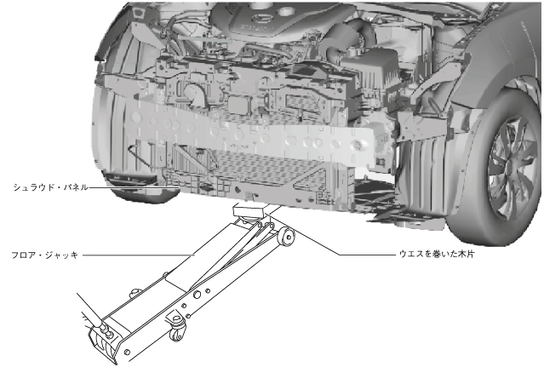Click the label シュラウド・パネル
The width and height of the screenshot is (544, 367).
[x=50, y=187]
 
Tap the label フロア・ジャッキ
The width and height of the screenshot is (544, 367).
[x=45, y=255]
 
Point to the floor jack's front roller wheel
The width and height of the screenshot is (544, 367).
[x=287, y=237]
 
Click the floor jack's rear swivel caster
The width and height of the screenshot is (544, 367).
[x=177, y=330]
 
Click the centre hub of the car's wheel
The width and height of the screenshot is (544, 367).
[x=511, y=168]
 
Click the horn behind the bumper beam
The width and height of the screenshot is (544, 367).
[x=193, y=95]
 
